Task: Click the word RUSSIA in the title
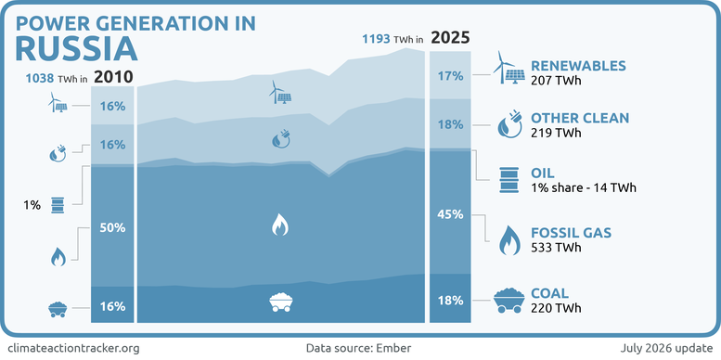(76, 49)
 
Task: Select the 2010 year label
(113, 77)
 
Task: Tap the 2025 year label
(451, 38)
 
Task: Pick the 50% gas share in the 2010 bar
(112, 227)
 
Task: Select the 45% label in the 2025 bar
(451, 214)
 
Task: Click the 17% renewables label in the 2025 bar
(451, 76)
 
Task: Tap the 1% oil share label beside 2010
(32, 206)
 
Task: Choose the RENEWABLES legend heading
(578, 66)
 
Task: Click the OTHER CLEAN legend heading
(579, 118)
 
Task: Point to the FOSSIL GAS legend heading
(571, 233)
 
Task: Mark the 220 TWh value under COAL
(556, 308)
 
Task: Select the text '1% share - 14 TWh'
(584, 187)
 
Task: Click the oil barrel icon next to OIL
(509, 180)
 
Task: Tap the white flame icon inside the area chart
(279, 225)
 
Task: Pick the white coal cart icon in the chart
(281, 302)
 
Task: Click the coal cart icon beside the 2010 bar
(58, 309)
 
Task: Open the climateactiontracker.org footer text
(73, 348)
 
